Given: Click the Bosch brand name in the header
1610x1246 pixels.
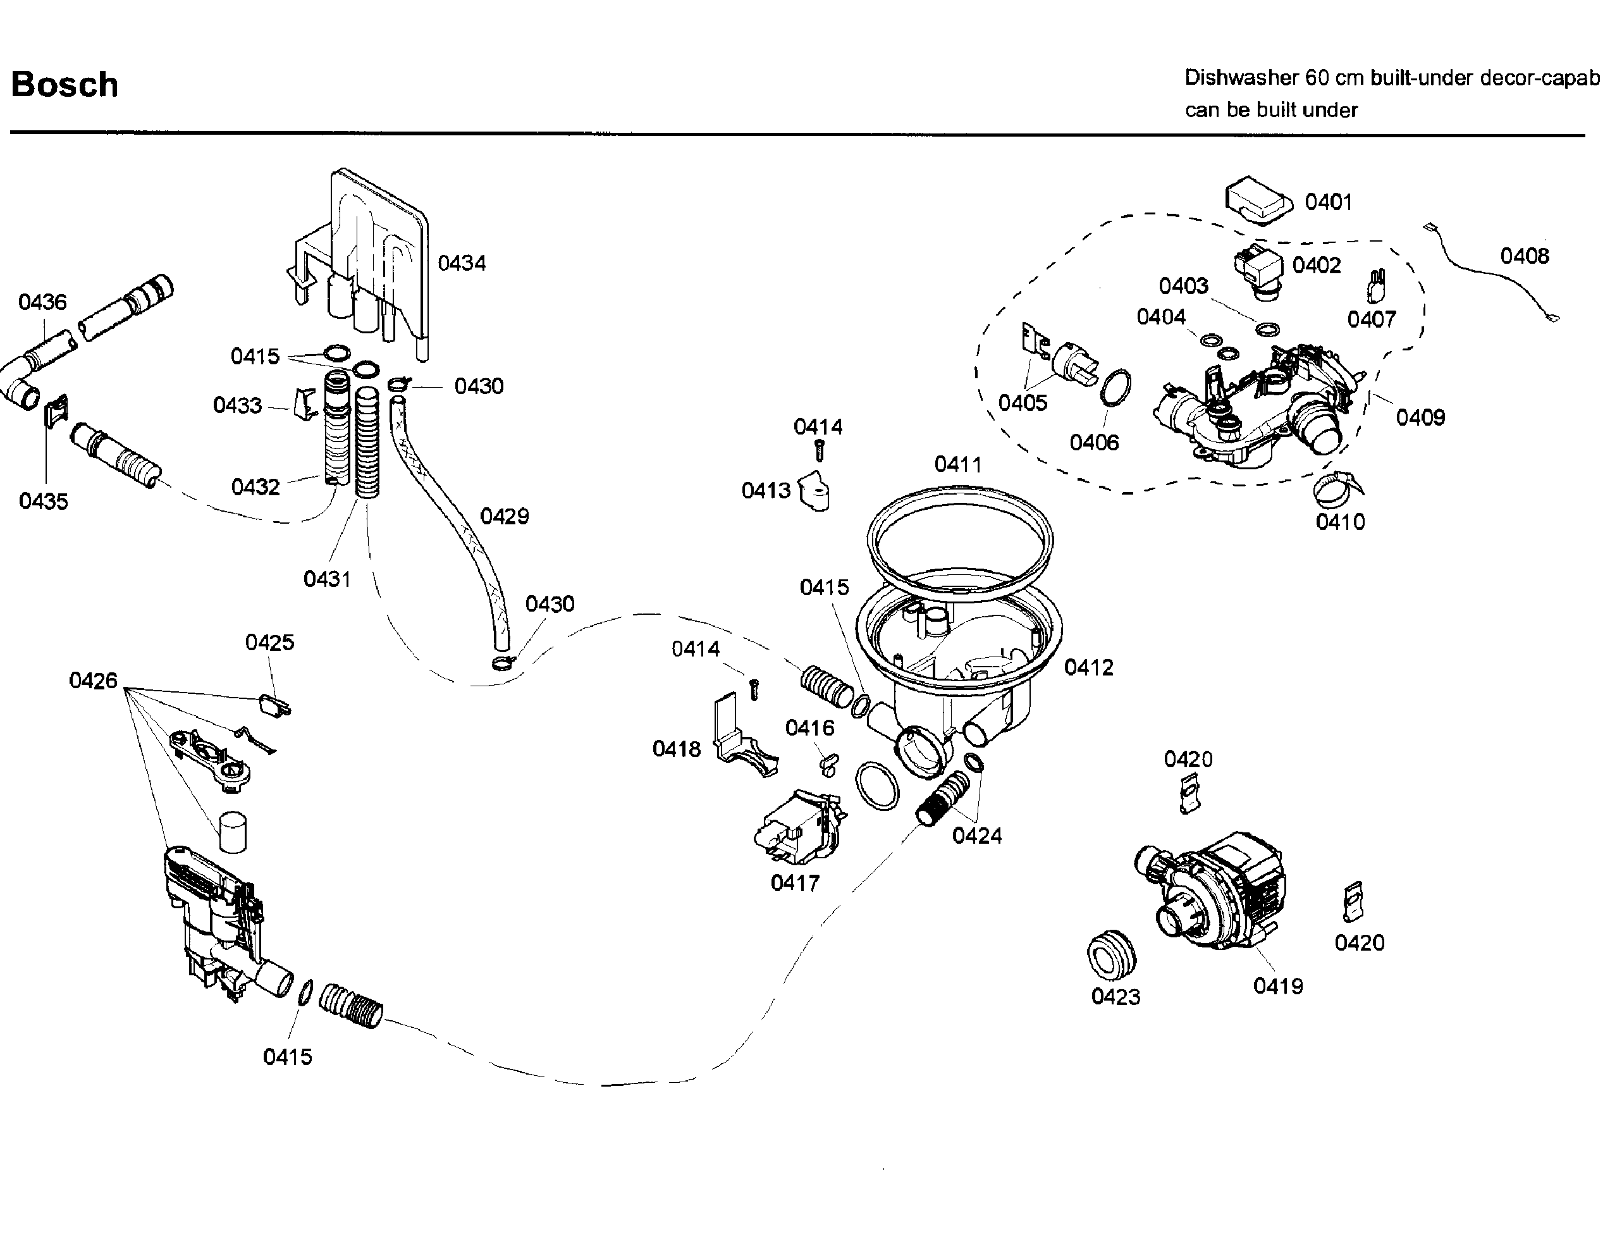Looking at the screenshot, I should tap(65, 85).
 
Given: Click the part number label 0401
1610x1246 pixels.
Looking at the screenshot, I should tap(1329, 202).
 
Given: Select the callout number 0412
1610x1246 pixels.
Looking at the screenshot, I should tap(1089, 668).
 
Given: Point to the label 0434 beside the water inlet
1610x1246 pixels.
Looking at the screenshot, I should tap(462, 263).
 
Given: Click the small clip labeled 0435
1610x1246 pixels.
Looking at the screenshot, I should tap(57, 410).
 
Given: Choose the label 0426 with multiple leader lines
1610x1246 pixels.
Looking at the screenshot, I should tap(93, 681).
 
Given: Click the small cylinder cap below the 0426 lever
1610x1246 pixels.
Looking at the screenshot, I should tap(233, 832).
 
